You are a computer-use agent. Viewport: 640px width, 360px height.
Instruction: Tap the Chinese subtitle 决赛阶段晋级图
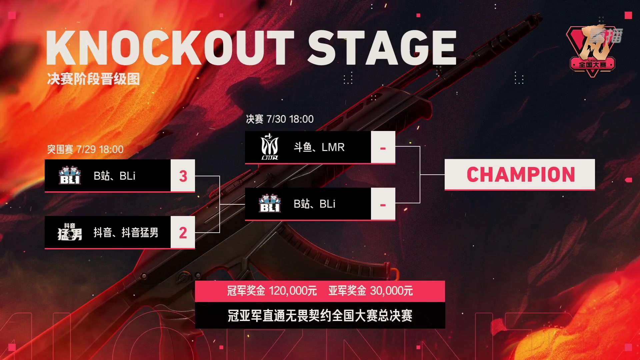(93, 79)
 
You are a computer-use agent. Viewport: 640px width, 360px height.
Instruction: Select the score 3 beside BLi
(183, 176)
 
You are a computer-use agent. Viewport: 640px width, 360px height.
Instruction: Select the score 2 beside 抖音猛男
(183, 233)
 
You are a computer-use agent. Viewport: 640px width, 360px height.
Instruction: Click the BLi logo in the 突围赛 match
(70, 176)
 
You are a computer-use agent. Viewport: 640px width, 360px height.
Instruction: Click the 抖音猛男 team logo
(70, 232)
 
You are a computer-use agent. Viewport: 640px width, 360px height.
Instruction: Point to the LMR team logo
(270, 147)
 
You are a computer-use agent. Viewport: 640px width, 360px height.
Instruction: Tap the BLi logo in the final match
(270, 204)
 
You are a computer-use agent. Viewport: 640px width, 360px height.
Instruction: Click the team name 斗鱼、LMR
(319, 147)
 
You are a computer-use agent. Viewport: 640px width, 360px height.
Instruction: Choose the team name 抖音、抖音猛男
(126, 232)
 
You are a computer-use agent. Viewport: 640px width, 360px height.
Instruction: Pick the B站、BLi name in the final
(314, 204)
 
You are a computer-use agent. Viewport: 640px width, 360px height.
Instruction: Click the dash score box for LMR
(383, 147)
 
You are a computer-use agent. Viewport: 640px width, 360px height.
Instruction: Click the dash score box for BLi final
(383, 204)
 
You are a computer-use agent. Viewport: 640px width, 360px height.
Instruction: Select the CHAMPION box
(520, 175)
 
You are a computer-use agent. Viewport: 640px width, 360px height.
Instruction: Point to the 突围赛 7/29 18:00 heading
(85, 149)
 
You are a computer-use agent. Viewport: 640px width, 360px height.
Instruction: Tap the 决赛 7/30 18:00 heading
(280, 119)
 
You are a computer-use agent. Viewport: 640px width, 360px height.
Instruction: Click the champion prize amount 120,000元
(293, 291)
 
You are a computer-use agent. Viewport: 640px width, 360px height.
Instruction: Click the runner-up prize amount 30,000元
(391, 291)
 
